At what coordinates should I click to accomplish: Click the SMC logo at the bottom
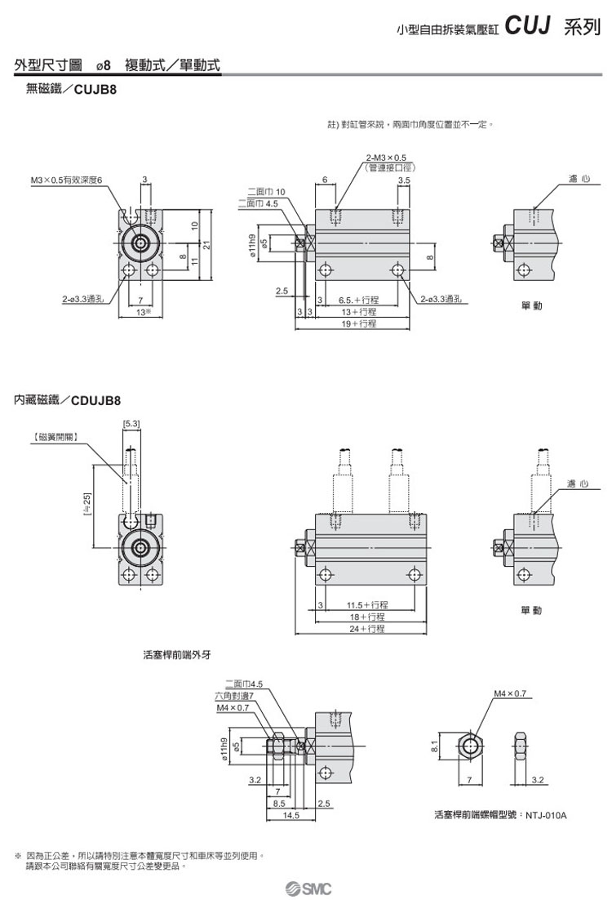pyautogui.click(x=308, y=888)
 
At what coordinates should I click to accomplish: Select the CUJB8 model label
pyautogui.click(x=96, y=92)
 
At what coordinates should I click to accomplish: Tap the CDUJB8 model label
pyautogui.click(x=95, y=400)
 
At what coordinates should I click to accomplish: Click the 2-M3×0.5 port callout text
pyautogui.click(x=387, y=157)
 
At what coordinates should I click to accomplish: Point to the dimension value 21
pyautogui.click(x=207, y=245)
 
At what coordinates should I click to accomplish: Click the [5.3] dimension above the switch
pyautogui.click(x=131, y=423)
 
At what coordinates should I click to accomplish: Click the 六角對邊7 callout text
pyautogui.click(x=234, y=696)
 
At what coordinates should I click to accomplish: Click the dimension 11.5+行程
pyautogui.click(x=367, y=605)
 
